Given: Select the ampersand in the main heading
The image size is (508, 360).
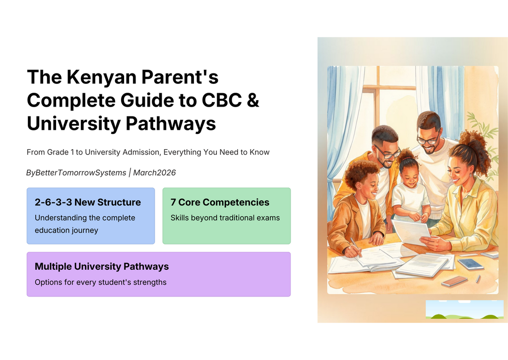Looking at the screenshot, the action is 253,100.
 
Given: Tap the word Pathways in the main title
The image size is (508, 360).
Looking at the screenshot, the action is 171,123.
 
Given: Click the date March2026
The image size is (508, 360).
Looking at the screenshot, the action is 154,173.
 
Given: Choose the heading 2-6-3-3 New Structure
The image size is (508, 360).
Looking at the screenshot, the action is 88,202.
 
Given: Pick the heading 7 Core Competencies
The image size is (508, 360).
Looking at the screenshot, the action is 220,202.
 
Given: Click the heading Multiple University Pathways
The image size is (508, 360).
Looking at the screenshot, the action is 102,266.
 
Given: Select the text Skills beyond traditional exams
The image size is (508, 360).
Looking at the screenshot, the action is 225,218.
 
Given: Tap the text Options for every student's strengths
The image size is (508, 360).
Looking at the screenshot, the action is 100,282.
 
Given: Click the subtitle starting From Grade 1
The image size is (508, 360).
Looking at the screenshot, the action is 148,152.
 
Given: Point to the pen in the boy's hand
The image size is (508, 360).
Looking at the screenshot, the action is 356,247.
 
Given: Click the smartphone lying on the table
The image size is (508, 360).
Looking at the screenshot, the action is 471,264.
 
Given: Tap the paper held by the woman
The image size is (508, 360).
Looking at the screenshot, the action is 411,232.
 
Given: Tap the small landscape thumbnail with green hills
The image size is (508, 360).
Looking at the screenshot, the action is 464,309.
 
